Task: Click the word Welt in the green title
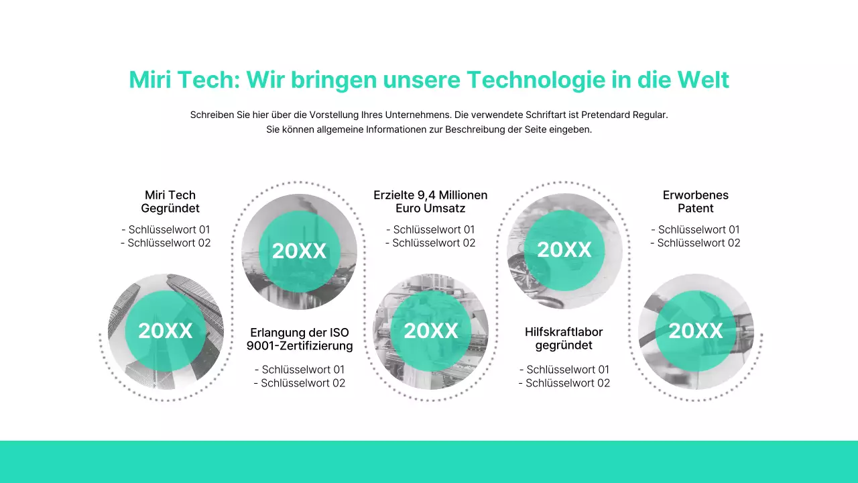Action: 703,80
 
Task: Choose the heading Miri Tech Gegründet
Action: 170,201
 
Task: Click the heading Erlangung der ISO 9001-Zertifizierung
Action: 300,339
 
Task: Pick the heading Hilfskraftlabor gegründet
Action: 564,339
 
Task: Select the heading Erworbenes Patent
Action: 695,201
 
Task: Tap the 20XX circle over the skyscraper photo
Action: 166,331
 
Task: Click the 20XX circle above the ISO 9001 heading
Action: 299,251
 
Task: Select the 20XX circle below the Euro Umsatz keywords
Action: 431,331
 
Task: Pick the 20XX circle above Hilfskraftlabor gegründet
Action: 564,250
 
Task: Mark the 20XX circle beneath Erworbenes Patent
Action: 696,331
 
